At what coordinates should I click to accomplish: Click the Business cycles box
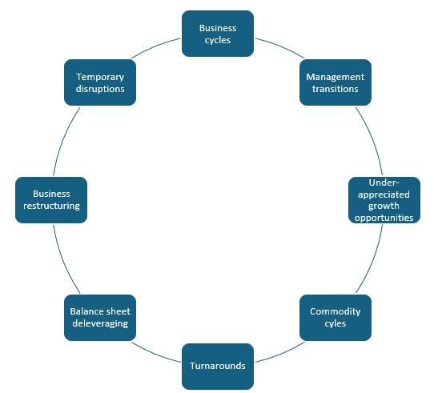click(218, 34)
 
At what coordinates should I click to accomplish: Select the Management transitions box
click(336, 82)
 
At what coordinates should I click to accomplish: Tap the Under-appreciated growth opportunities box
click(384, 200)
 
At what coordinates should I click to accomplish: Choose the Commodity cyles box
click(336, 318)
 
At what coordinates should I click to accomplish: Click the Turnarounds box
click(218, 366)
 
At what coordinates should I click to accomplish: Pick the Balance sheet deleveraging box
click(99, 318)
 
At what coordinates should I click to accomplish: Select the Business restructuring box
click(51, 200)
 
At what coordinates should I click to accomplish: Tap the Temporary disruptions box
click(99, 82)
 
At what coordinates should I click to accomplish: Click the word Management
click(336, 77)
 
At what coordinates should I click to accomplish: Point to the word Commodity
click(336, 311)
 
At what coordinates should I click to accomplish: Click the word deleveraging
click(99, 324)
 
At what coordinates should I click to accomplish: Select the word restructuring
click(51, 206)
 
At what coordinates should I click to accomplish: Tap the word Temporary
click(100, 77)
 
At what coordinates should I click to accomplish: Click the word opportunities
click(384, 217)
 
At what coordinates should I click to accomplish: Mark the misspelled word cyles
click(336, 324)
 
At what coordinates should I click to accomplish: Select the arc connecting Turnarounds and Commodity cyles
click(278, 350)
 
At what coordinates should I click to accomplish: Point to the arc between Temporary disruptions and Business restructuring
click(67, 141)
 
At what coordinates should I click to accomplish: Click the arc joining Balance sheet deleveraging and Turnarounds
click(157, 350)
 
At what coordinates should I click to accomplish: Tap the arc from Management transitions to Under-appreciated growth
click(368, 141)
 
